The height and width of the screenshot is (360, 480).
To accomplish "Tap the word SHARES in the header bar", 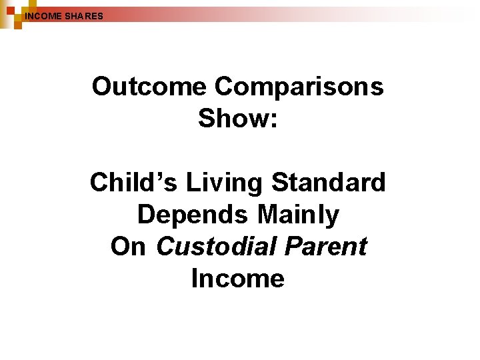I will pyautogui.click(x=84, y=15).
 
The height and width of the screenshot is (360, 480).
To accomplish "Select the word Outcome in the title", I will pyautogui.click(x=150, y=87).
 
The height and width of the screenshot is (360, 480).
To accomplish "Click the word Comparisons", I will pyautogui.click(x=300, y=87).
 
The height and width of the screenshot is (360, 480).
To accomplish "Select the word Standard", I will pyautogui.click(x=329, y=182).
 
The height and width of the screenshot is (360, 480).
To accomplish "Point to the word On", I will pyautogui.click(x=128, y=246).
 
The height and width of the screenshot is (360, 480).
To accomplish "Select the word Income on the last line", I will pyautogui.click(x=238, y=278).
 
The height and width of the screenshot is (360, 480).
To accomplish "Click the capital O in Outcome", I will pyautogui.click(x=103, y=87).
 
